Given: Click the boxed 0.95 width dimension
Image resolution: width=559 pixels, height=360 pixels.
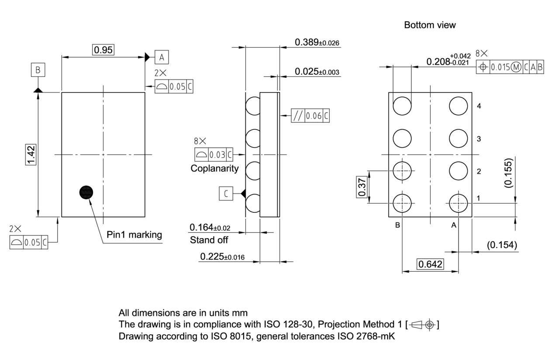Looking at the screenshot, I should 104,50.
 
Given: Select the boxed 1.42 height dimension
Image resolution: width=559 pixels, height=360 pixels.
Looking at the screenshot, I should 31,155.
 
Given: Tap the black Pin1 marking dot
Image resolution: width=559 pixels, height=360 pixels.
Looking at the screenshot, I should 86,192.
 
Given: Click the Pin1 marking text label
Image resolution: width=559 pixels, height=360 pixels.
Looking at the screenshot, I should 134,235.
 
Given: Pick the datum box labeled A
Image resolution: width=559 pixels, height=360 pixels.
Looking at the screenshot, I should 161,57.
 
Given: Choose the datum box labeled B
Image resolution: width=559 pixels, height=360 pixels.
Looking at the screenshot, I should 38,70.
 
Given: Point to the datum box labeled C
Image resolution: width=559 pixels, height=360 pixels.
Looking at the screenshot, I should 226,194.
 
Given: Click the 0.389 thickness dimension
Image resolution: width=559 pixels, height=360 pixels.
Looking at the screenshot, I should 317,42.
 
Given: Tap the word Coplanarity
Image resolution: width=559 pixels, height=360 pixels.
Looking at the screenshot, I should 214,168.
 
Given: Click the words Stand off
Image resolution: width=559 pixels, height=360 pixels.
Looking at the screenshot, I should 209,240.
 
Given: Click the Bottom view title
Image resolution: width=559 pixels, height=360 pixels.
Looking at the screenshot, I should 430,25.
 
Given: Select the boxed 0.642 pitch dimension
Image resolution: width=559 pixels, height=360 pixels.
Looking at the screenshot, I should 430,264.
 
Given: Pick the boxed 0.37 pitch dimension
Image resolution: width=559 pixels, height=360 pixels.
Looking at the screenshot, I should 362,187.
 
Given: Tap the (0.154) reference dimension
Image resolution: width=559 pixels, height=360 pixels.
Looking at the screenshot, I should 502,245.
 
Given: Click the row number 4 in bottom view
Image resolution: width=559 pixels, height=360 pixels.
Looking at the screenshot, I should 479,106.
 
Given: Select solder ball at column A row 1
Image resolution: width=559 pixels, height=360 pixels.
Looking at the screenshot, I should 459,203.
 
